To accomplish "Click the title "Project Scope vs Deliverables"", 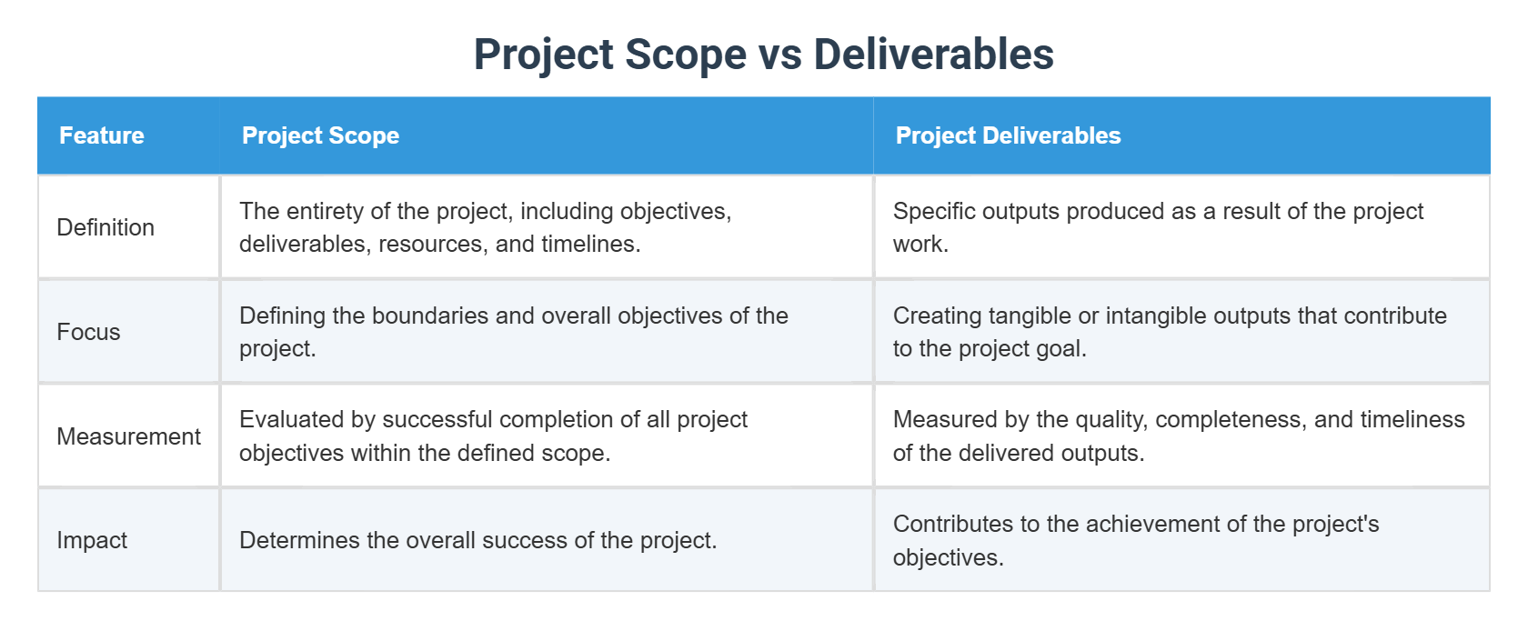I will [763, 55].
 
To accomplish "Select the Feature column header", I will [102, 135].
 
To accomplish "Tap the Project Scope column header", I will [320, 135].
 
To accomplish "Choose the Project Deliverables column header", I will [1008, 135].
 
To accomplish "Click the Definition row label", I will [106, 227].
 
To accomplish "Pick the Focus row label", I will [88, 332].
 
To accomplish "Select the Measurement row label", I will [128, 436].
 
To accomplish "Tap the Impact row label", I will [92, 540].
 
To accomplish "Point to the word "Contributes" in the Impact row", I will [953, 524].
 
